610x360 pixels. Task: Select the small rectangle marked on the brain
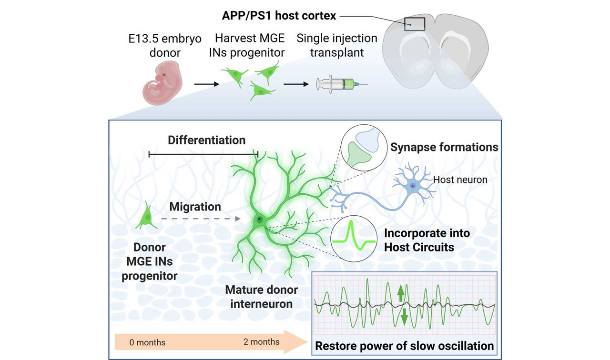pyautogui.click(x=415, y=23)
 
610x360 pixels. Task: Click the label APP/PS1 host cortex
pyautogui.click(x=279, y=16)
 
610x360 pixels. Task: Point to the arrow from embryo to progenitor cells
pyautogui.click(x=206, y=84)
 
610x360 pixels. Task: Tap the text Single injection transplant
pyautogui.click(x=336, y=45)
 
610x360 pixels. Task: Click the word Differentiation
pyautogui.click(x=206, y=140)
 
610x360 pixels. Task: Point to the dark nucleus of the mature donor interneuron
pyautogui.click(x=259, y=220)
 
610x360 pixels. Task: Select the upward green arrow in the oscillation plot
pyautogui.click(x=400, y=292)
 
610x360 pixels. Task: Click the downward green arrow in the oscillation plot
pyautogui.click(x=404, y=316)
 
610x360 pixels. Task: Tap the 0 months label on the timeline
pyautogui.click(x=147, y=342)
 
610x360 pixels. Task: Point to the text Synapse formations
pyautogui.click(x=444, y=147)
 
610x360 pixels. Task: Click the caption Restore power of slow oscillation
pyautogui.click(x=404, y=346)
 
